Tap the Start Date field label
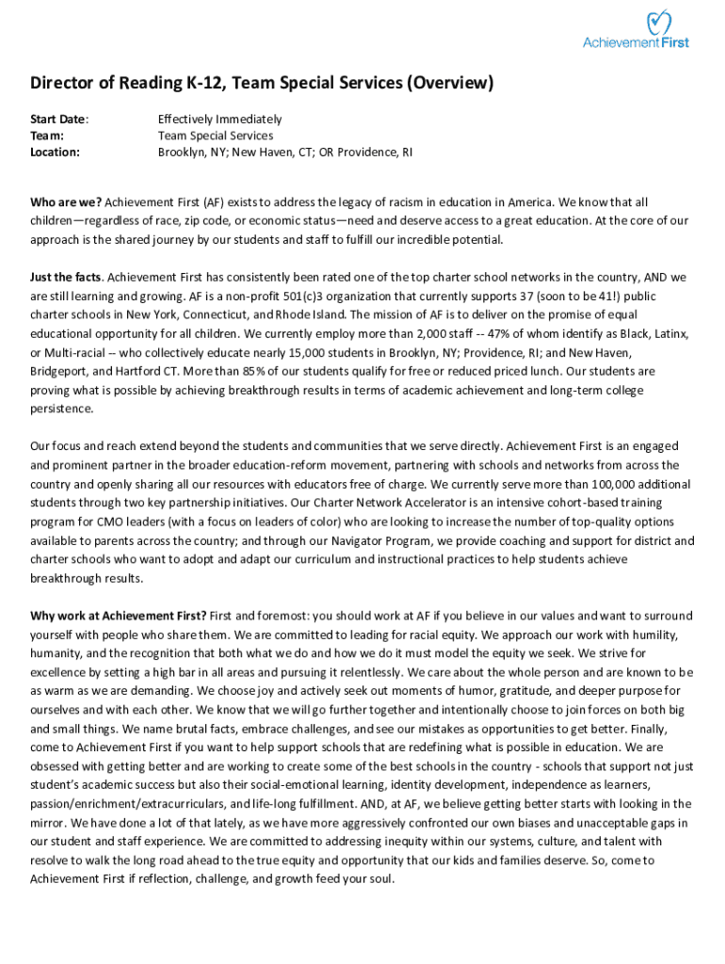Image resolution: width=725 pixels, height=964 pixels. [x=58, y=120]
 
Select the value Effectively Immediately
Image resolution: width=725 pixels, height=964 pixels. [x=219, y=120]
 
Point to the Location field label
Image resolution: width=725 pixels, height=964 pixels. [x=55, y=152]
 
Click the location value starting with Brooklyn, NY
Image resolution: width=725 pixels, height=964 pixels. [x=284, y=152]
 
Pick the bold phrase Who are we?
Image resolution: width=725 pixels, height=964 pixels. [x=66, y=202]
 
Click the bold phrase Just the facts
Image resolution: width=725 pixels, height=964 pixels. [x=65, y=277]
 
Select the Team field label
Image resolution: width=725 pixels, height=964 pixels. [x=46, y=136]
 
